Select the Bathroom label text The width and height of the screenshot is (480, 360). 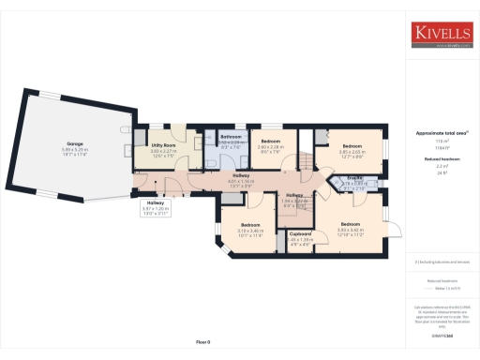[231, 136]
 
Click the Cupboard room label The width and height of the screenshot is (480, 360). [300, 233]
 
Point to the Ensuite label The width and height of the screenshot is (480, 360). [355, 176]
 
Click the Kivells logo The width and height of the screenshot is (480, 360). [442, 34]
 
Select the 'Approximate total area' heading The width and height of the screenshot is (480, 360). [442, 133]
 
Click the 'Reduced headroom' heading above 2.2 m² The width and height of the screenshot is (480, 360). [442, 160]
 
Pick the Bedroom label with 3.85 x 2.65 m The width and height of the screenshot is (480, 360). [352, 146]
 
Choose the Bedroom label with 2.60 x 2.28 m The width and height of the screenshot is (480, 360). [271, 140]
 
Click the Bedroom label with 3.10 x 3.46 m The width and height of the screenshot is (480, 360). [250, 225]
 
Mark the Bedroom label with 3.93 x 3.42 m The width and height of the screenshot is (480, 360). [350, 224]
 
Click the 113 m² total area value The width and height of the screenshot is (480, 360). [442, 141]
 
